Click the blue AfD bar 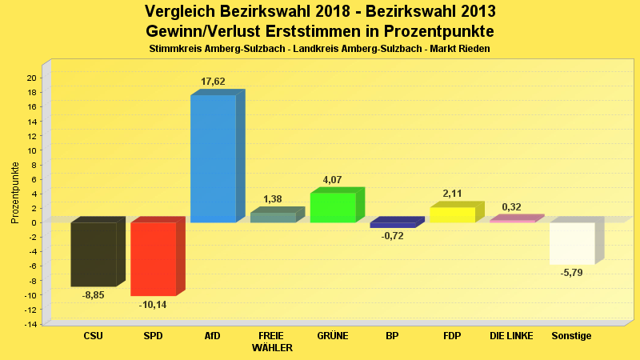[x=213, y=158]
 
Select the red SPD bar [x=153, y=258]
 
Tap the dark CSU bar [x=94, y=254]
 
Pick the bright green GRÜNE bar [x=333, y=207]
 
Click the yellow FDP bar [x=452, y=214]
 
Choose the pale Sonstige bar [x=572, y=243]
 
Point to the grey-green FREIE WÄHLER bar [x=273, y=217]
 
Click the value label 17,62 [x=213, y=82]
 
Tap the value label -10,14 [x=153, y=305]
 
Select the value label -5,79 [x=572, y=274]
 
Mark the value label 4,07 [x=332, y=180]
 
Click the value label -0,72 [x=392, y=236]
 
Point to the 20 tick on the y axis [x=31, y=78]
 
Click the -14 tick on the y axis [x=30, y=324]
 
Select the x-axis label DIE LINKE [x=511, y=336]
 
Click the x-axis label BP [x=392, y=336]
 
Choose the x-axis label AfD [x=213, y=336]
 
